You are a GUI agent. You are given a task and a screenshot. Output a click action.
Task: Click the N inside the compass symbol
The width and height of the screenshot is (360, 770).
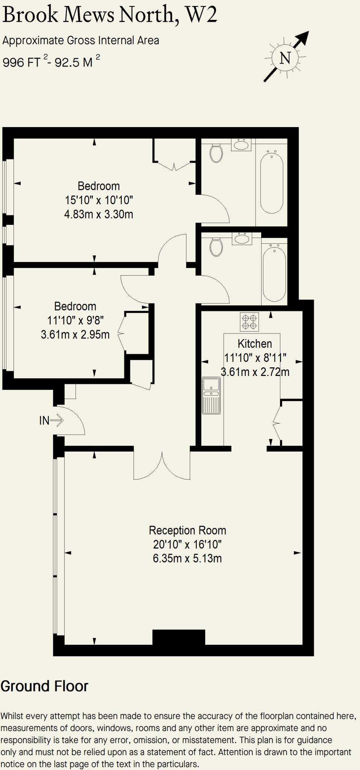285,58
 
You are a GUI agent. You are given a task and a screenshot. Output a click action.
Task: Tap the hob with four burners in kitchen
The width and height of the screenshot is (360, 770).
250,322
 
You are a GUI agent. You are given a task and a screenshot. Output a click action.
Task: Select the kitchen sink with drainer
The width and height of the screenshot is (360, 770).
212,395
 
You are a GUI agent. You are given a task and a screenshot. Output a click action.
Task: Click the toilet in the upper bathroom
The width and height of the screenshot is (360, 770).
216,153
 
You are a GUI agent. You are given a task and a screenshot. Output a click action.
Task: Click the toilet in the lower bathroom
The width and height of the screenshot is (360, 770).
216,247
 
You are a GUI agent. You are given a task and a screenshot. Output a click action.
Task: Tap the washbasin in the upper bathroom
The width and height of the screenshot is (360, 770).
241,144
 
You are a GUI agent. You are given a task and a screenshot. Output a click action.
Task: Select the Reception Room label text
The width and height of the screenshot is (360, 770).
187,530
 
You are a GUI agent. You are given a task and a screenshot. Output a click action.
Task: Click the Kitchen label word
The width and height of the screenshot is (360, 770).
254,344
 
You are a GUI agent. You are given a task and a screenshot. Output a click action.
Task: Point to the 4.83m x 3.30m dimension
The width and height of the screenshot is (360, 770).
98,214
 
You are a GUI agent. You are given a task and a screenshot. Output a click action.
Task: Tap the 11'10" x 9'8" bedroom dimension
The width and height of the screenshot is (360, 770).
75,320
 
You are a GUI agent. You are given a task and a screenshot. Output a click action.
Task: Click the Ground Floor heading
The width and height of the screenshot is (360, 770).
44,686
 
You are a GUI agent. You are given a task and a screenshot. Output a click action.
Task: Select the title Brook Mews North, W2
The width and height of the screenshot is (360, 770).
110,15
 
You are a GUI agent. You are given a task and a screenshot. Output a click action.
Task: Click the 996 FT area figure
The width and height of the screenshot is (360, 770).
21,62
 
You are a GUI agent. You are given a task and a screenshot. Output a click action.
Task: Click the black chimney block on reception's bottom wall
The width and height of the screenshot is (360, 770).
178,637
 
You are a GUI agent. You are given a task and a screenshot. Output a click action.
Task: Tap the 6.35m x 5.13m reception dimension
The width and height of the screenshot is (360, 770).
187,558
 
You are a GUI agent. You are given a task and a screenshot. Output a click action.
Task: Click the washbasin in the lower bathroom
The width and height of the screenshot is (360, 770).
241,238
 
